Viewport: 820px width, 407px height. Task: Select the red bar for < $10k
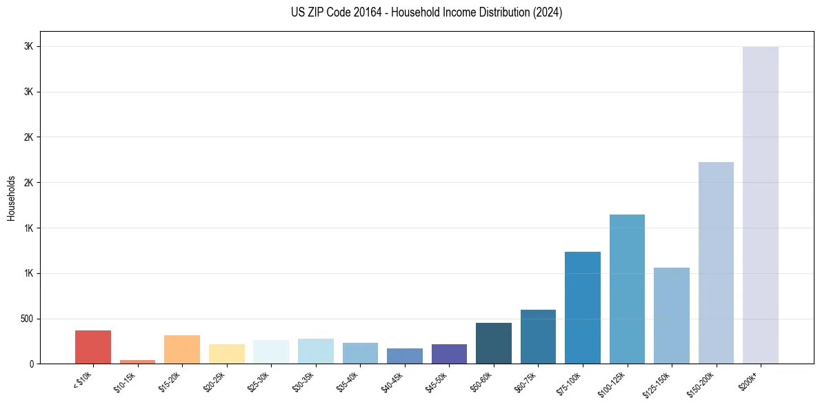(93, 347)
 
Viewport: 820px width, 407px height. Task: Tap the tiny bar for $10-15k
(137, 361)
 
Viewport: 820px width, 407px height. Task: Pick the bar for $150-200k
(716, 263)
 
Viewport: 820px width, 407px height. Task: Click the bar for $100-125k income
(627, 289)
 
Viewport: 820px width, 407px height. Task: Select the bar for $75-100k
(583, 308)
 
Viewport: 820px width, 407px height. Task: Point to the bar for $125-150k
(672, 315)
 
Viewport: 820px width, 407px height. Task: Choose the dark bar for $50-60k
(494, 343)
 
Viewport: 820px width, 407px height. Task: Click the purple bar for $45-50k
(449, 354)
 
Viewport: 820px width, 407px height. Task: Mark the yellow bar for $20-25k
(226, 354)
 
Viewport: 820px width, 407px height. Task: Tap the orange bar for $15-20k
(182, 349)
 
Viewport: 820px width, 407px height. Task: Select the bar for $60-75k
(538, 337)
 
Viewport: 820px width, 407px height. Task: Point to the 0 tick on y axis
(31, 364)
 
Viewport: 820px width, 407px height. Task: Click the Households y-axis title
(11, 198)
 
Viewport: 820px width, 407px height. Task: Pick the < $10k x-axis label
(82, 381)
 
